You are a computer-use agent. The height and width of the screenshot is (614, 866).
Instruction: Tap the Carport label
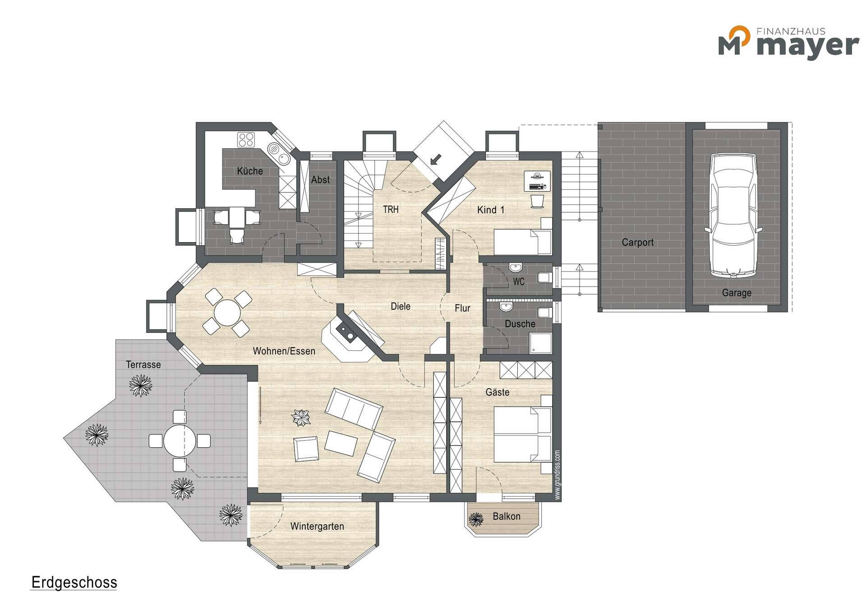pos(637,243)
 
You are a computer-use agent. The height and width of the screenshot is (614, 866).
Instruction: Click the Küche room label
pos(250,171)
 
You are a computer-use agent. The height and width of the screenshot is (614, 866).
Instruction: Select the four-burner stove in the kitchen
pos(246,139)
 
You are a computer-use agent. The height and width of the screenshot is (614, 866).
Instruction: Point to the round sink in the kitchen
pos(284,158)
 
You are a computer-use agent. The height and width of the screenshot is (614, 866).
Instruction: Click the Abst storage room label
pos(320,179)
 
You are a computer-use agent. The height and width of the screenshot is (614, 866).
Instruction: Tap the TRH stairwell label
pos(391,209)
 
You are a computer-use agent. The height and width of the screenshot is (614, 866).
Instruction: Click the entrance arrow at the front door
pos(436,159)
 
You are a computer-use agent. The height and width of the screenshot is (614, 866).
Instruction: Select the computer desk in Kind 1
pos(537,181)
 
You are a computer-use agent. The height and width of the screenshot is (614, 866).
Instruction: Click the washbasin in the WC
pos(515,267)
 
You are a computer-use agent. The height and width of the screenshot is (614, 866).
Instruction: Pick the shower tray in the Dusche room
pos(540,343)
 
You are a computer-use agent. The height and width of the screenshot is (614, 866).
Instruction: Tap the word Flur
pos(462,308)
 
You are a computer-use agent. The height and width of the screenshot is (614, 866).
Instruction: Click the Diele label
pos(401,307)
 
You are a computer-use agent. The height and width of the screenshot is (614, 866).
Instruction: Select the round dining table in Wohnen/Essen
pos(227,312)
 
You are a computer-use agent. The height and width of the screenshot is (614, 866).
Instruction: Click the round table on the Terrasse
pos(180,440)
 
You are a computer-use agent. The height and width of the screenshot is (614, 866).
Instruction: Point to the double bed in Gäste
pos(523,435)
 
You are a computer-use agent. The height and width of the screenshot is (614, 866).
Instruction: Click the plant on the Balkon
pos(476,519)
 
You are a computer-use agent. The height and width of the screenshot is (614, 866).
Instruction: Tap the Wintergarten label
pos(317,527)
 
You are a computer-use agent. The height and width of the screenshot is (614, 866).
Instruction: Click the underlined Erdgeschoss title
pos(74,583)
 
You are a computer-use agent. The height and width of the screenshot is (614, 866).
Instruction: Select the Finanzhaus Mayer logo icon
pos(734,41)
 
